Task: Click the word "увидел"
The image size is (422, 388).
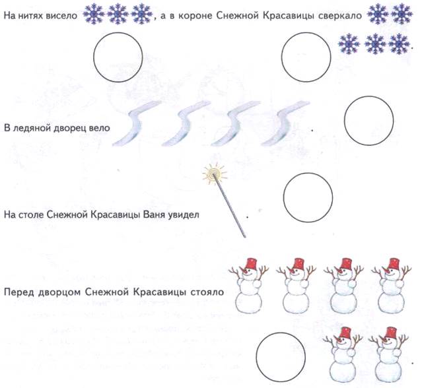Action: (x=184, y=215)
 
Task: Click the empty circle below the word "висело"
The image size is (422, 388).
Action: (x=118, y=57)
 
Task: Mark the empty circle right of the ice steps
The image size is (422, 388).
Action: (x=369, y=121)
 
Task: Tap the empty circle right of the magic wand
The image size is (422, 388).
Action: (x=308, y=197)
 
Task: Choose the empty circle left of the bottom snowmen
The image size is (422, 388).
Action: (x=281, y=357)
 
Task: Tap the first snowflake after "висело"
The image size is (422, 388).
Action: (x=94, y=14)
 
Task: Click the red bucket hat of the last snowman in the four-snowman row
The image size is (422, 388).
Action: (x=394, y=264)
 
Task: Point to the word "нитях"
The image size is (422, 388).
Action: (x=30, y=16)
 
